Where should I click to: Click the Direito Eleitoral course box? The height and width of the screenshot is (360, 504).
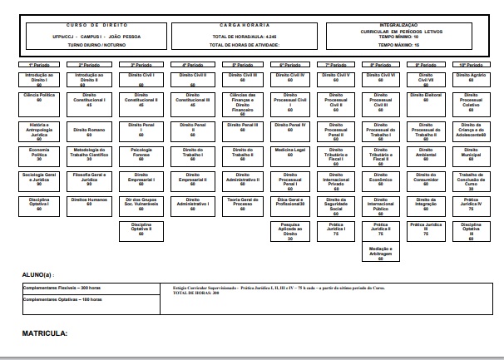pyautogui.click(x=427, y=98)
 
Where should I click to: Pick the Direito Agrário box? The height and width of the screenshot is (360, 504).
pyautogui.click(x=472, y=77)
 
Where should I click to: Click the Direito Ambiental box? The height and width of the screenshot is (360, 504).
pyautogui.click(x=427, y=155)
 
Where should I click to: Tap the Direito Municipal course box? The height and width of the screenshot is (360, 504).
pyautogui.click(x=472, y=155)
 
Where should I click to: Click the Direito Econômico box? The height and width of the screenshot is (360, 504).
pyautogui.click(x=380, y=179)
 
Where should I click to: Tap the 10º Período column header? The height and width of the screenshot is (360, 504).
pyautogui.click(x=472, y=64)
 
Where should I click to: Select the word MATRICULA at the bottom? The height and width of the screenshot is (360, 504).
pyautogui.click(x=44, y=333)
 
